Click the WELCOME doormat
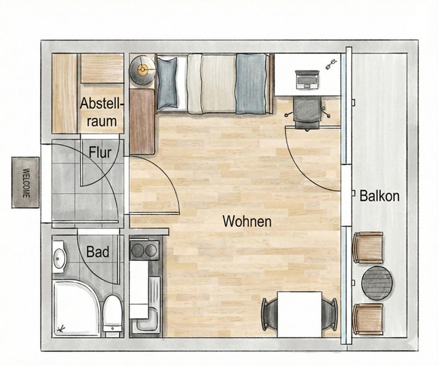[x=25, y=182]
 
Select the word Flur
[x=100, y=152]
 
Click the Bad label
[x=98, y=252]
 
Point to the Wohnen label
[x=247, y=222]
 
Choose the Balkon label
[x=380, y=196]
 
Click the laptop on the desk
[x=307, y=79]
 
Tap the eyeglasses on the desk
[x=331, y=63]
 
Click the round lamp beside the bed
[x=142, y=69]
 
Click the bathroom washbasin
[x=59, y=258]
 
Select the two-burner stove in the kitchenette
[x=144, y=249]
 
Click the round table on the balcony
[x=377, y=283]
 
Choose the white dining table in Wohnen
[x=300, y=313]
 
